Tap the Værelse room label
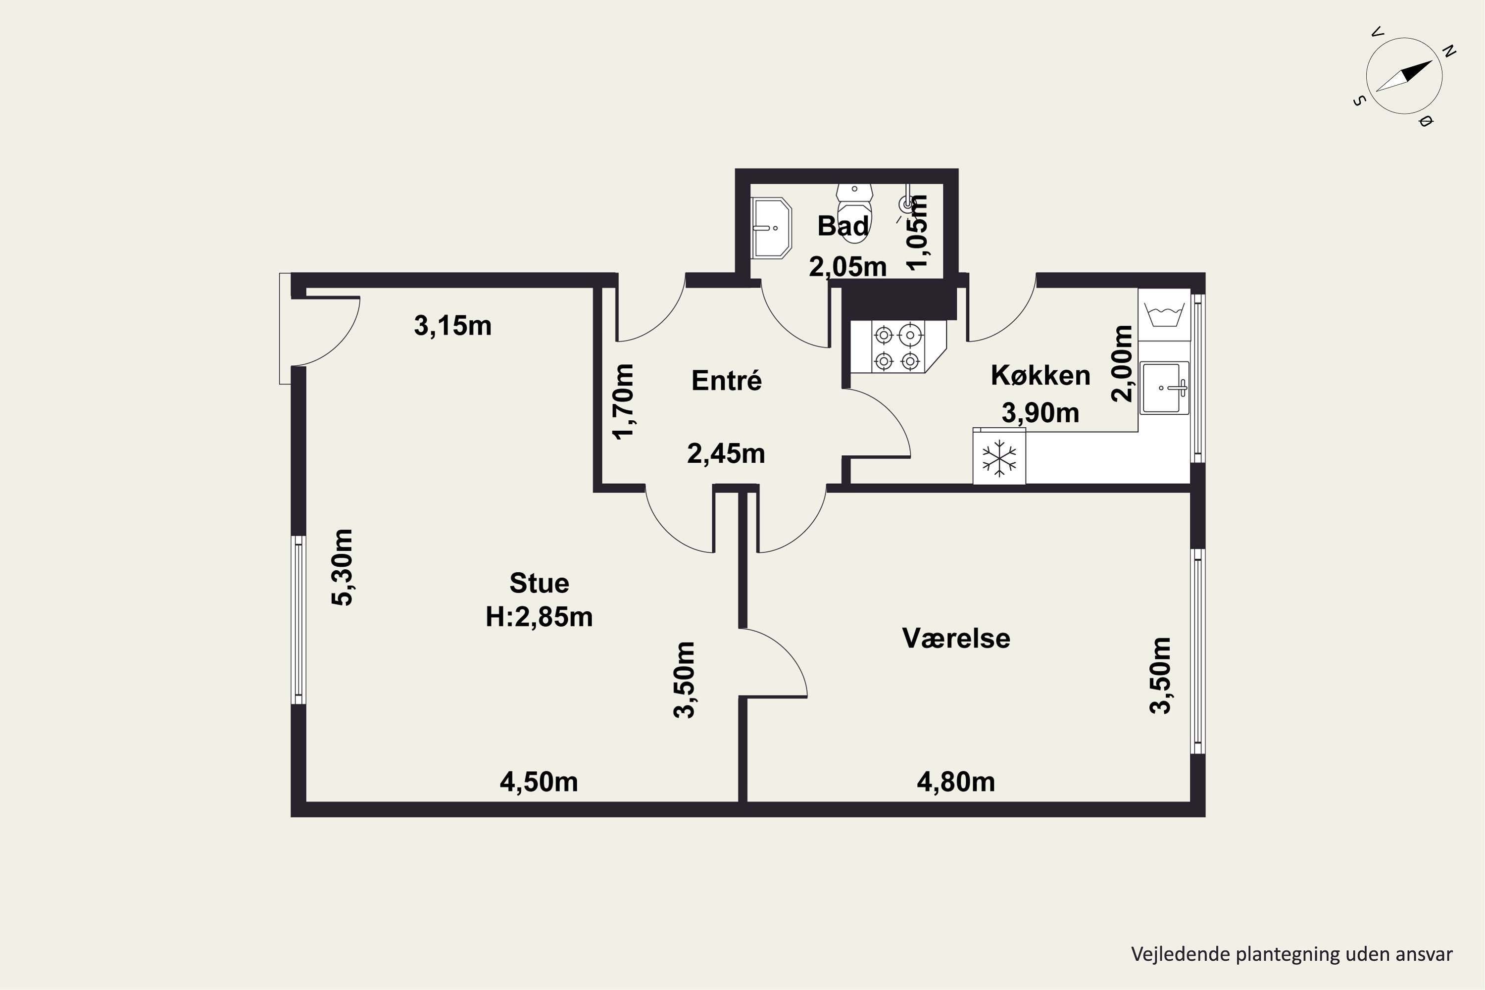[x=956, y=639]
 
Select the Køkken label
[x=1040, y=375]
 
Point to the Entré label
[x=726, y=380]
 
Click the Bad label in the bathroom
[x=843, y=226]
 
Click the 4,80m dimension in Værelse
[x=956, y=782]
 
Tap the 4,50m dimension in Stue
[x=539, y=782]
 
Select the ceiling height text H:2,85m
[x=539, y=617]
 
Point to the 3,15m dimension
[x=453, y=326]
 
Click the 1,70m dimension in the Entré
[x=623, y=401]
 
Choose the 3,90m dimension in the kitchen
[x=1040, y=413]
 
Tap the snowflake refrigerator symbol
[x=999, y=456]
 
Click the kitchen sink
[x=1164, y=388]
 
